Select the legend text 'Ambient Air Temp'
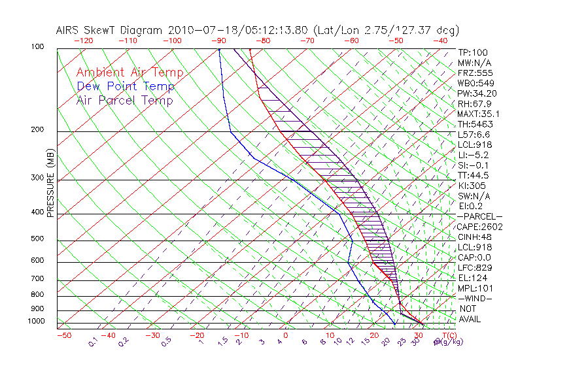[129, 73]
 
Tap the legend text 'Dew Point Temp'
[125, 86]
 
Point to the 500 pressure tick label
[38, 239]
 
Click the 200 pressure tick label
[38, 130]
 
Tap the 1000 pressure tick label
[36, 322]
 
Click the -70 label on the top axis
[307, 41]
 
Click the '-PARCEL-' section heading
[479, 216]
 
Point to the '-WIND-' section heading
[475, 298]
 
